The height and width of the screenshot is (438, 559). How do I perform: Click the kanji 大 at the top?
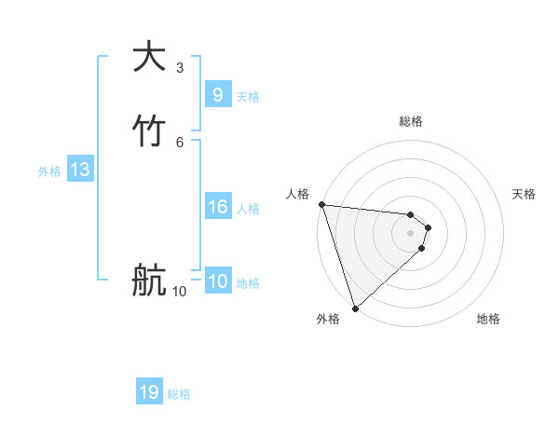(150, 57)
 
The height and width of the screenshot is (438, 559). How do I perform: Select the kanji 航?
(150, 281)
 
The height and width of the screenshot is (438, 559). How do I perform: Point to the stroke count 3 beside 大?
(179, 68)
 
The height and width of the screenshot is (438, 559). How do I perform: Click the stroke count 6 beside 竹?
(179, 143)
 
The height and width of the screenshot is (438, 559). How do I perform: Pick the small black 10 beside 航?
(179, 292)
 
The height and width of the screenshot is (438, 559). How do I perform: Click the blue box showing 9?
(217, 94)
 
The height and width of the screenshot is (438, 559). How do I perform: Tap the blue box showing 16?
(217, 207)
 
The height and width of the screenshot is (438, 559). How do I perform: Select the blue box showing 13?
(79, 170)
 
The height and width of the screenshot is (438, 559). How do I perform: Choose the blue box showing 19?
(149, 392)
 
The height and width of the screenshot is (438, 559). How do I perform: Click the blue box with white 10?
(217, 282)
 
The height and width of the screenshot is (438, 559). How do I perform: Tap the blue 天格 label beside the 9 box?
(248, 97)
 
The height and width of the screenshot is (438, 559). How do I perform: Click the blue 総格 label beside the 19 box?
(179, 395)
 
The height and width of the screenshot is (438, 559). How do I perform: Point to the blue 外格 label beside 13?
(49, 171)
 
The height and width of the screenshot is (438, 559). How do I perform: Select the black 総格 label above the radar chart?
(411, 121)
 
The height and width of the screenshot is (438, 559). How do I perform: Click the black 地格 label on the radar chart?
(488, 319)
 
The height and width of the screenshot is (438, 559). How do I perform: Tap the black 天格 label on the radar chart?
(524, 194)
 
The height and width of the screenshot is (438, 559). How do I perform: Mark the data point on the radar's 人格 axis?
(321, 204)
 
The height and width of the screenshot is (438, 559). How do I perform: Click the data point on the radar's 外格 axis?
(355, 308)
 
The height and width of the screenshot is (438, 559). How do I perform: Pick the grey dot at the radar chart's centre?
(411, 232)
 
